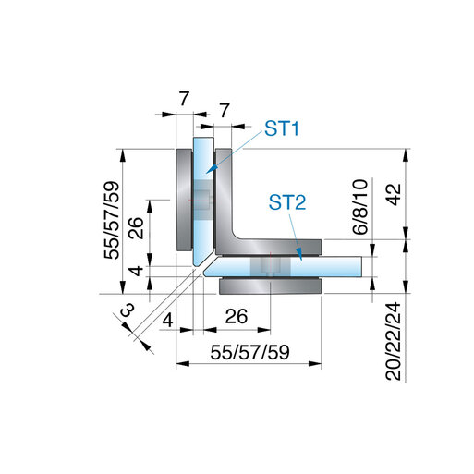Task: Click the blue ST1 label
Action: pyautogui.click(x=282, y=128)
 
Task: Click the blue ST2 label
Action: pyautogui.click(x=287, y=202)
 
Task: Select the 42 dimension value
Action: pyautogui.click(x=394, y=194)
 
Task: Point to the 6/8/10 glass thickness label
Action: pyautogui.click(x=360, y=207)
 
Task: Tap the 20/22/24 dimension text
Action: pyautogui.click(x=394, y=341)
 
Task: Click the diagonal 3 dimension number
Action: pyautogui.click(x=127, y=310)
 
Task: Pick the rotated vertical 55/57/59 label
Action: pyautogui.click(x=112, y=221)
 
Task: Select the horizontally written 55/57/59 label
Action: pyautogui.click(x=249, y=352)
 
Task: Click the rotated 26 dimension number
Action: pyautogui.click(x=136, y=228)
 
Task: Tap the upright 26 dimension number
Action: pyautogui.click(x=237, y=316)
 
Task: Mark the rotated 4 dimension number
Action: pyautogui.click(x=136, y=271)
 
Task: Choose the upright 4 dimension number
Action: pyautogui.click(x=168, y=321)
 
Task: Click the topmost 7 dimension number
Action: pyautogui.click(x=184, y=99)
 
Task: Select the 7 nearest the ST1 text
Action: pyautogui.click(x=225, y=110)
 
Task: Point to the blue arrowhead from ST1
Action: pyautogui.click(x=211, y=169)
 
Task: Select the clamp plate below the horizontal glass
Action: pyautogui.click(x=270, y=286)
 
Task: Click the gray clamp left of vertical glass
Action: pyautogui.click(x=184, y=200)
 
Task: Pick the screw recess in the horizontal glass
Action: pyautogui.click(x=270, y=266)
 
